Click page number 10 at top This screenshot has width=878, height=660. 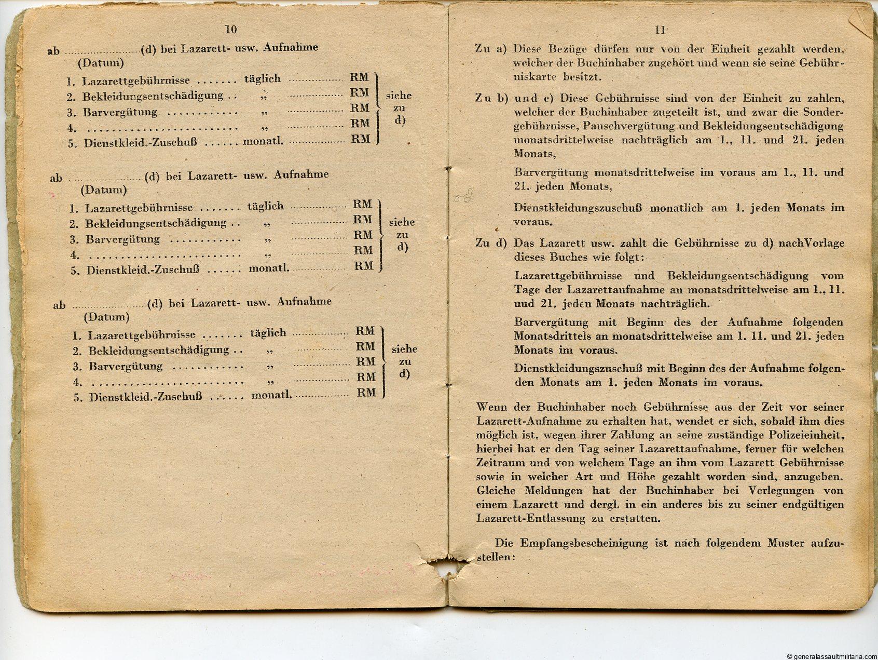coord(230,29)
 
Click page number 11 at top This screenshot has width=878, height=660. coord(660,30)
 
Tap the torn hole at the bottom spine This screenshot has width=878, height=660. coord(447,571)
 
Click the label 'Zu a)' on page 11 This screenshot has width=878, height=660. coord(490,49)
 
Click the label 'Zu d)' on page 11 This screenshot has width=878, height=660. coord(490,243)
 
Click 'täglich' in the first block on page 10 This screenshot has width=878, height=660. coord(263,79)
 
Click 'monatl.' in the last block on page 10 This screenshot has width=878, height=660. coord(271,395)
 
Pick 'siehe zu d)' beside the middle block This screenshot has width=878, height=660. coord(402,234)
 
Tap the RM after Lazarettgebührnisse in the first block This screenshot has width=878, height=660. coord(359,77)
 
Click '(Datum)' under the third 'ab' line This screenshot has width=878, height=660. coord(106,317)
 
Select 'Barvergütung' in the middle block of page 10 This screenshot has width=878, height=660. coord(115,240)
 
